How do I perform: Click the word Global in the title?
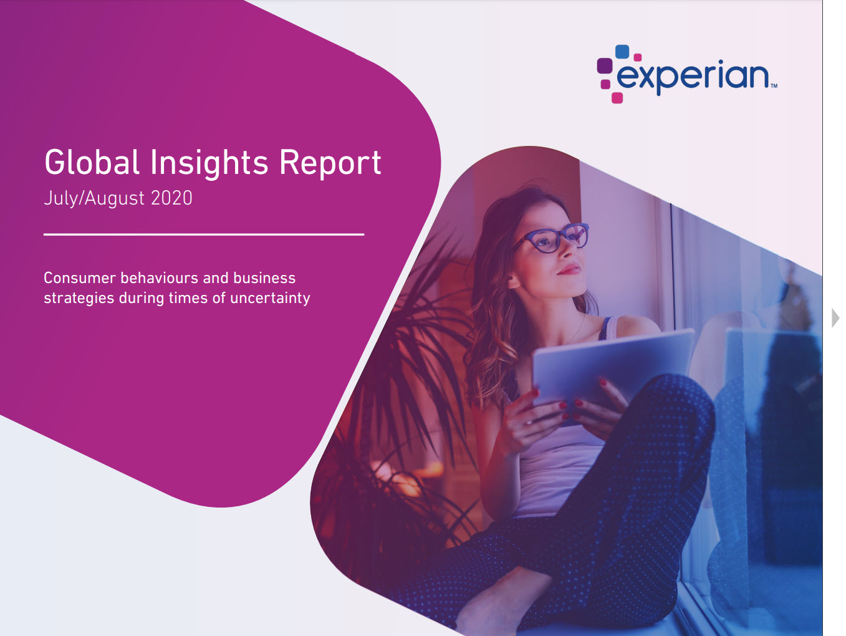point(92,162)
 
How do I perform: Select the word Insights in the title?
point(208,164)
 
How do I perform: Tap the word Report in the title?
point(330,163)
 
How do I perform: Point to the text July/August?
point(94,199)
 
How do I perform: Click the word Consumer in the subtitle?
point(80,278)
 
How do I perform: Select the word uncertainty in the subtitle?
point(270,298)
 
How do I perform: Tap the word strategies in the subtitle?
point(79,298)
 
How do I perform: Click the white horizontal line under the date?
point(204,234)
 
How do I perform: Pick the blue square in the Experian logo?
point(622,52)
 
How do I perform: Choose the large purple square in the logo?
point(604,65)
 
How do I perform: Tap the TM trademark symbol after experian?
point(774,86)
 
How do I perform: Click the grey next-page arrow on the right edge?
point(835,318)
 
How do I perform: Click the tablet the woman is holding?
point(613,370)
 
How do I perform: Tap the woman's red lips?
point(569,269)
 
